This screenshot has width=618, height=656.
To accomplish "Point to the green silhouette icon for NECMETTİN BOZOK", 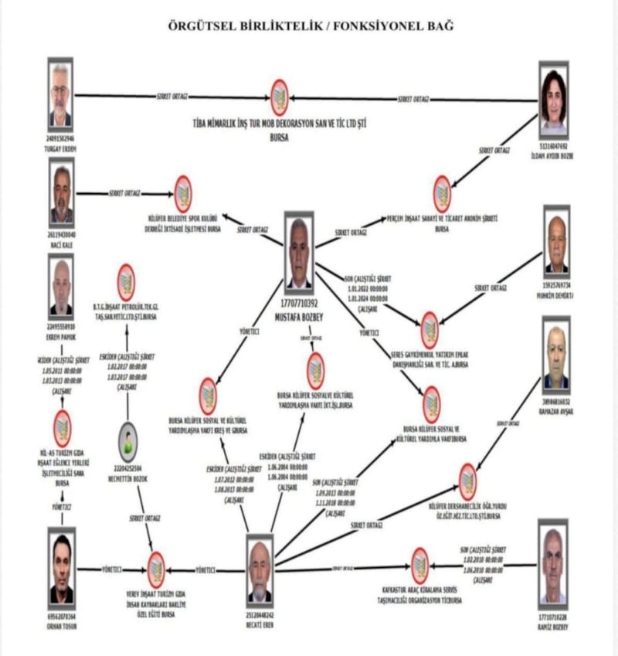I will click(128, 442).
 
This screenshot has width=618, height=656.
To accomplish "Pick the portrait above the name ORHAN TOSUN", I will click(62, 567).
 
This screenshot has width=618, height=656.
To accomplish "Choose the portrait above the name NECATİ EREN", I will click(260, 569).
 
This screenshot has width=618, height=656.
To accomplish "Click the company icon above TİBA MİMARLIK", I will click(280, 98).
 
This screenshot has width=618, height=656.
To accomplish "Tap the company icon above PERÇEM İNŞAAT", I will click(442, 194).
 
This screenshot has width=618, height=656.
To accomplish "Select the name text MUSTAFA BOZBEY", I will click(298, 316).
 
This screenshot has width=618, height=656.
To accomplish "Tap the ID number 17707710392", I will click(298, 304).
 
